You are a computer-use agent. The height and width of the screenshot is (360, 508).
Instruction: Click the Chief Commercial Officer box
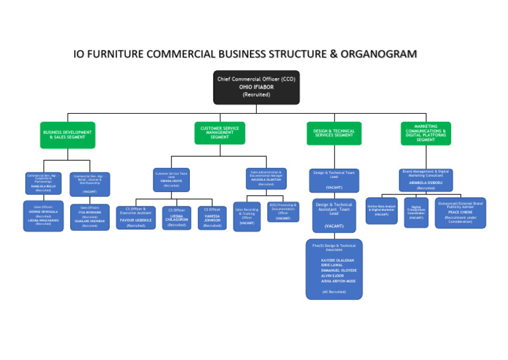[x=256, y=87]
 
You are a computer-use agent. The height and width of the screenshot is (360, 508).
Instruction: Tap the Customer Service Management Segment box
[x=220, y=133]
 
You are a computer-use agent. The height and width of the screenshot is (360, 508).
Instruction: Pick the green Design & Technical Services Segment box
[x=334, y=133]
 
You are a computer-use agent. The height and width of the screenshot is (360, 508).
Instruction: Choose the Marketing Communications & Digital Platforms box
[x=425, y=133]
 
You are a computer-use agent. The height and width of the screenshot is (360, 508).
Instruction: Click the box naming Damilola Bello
[x=44, y=183]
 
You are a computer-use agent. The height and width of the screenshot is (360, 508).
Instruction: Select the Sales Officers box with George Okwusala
[x=44, y=216]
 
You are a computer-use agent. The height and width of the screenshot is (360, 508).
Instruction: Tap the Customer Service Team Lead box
[x=171, y=179]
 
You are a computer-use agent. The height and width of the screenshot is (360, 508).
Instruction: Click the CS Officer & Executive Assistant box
[x=136, y=217]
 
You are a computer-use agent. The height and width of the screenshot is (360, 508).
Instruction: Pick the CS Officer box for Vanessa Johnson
[x=212, y=218]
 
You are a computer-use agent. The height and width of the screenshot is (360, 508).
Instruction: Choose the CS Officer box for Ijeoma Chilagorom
[x=177, y=218]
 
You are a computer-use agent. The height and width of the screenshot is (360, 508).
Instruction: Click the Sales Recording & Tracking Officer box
[x=247, y=216]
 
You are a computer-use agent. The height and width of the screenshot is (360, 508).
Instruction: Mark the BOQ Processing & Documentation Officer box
[x=283, y=211]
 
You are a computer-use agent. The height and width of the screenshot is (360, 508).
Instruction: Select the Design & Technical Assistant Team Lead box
[x=334, y=216]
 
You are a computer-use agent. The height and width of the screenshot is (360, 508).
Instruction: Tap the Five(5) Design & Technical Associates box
[x=334, y=269]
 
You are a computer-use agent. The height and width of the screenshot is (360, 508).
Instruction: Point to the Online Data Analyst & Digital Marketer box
[x=382, y=210]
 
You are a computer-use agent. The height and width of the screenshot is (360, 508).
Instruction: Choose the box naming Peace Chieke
[x=460, y=212]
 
